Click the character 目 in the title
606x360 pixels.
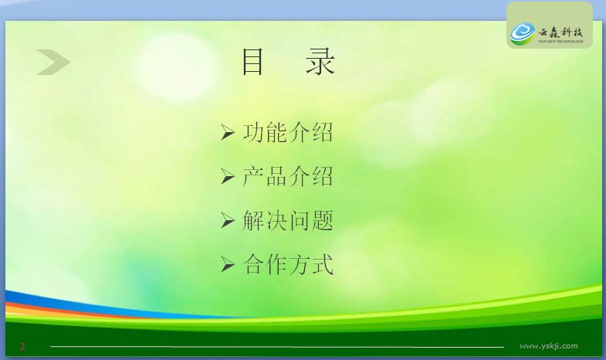point(252,62)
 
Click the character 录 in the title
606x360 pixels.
point(320,62)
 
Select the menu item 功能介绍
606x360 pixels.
point(288,133)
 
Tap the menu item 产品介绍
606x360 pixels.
point(288,177)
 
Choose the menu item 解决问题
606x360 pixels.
point(288,221)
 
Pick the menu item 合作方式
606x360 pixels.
point(288,265)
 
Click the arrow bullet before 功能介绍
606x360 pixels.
point(228,133)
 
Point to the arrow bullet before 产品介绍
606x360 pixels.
point(228,177)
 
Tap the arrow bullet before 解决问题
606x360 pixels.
point(228,221)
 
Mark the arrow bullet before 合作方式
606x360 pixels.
point(228,265)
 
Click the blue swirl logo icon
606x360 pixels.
point(523,34)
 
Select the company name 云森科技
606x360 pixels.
point(560,32)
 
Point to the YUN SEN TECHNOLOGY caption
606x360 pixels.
point(560,42)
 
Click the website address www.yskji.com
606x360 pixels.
point(549,346)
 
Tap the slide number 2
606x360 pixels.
point(22,346)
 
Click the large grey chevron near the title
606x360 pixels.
point(54,62)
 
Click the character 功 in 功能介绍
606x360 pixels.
point(253,133)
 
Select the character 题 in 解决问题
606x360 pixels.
point(323,221)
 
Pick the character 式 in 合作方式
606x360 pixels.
point(323,265)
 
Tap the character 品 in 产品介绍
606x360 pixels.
point(276,177)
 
